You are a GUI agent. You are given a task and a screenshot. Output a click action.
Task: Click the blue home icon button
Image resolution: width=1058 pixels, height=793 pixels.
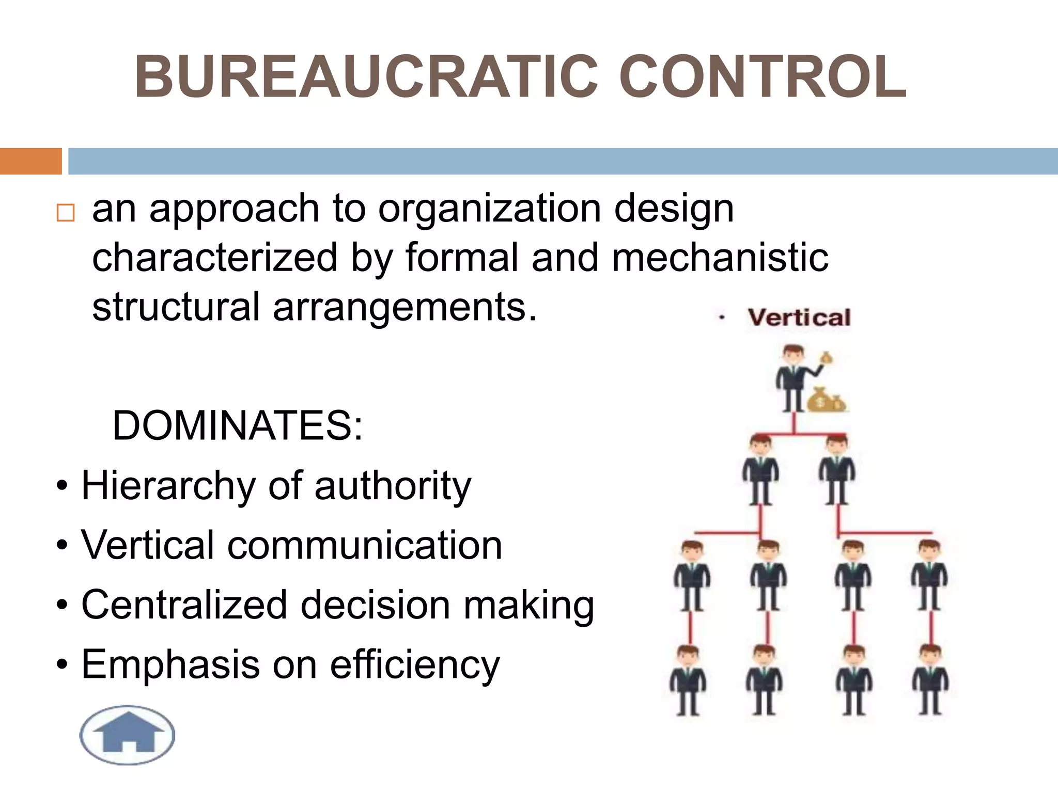tap(128, 734)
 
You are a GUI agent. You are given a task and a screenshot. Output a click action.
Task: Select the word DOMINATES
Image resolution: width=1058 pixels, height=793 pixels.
tap(238, 426)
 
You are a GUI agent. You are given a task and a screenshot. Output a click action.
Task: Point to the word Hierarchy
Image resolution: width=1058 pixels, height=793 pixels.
tap(168, 486)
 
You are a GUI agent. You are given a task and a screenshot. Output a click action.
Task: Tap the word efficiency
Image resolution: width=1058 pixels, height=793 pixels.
tap(415, 665)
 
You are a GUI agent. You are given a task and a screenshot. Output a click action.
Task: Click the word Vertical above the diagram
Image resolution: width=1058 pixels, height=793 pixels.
tap(799, 318)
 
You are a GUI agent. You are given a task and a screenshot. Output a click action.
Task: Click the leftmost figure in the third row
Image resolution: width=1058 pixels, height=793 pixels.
tap(692, 576)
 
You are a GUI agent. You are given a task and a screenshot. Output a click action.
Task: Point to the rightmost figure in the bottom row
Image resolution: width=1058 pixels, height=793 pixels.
tap(930, 680)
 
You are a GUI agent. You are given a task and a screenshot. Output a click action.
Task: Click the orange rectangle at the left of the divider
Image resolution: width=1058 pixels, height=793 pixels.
tap(30, 161)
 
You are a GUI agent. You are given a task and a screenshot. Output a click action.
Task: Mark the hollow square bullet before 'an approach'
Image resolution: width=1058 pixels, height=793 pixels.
tap(66, 213)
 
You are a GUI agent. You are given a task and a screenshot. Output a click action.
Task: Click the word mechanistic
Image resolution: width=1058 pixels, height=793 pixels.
tap(720, 258)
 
